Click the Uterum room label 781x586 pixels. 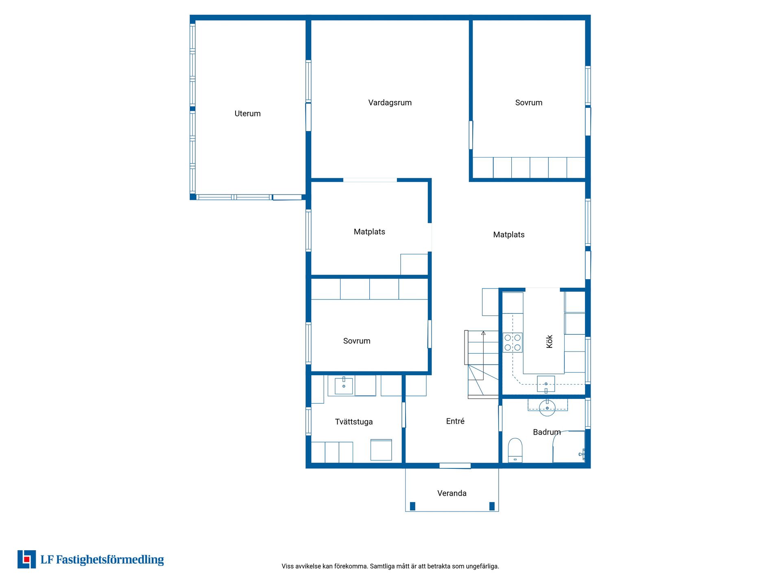[247, 114]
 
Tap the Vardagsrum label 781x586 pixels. [390, 103]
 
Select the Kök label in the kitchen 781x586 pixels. [549, 341]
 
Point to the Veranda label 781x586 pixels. [452, 493]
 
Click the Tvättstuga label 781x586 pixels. [353, 422]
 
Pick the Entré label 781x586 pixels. [455, 421]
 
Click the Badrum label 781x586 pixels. [547, 432]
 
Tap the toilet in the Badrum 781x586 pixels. [515, 450]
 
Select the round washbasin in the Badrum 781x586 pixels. [547, 408]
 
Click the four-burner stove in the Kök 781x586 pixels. [513, 343]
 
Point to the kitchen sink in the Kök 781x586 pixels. [546, 384]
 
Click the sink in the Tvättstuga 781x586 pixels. [344, 386]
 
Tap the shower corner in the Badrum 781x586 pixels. [569, 446]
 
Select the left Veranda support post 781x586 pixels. [412, 506]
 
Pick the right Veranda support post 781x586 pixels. [492, 506]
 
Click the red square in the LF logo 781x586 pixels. [27, 560]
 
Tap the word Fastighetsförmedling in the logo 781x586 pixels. [110, 560]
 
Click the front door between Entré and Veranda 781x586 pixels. [455, 466]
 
